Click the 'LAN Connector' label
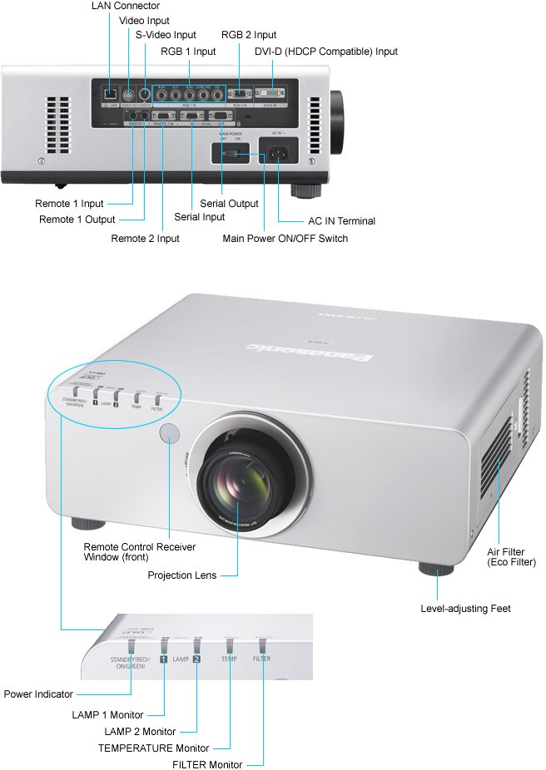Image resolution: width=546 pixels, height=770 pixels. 126,6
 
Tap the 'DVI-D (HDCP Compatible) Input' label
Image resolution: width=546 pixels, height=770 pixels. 326,52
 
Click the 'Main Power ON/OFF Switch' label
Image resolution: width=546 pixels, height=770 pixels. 285,239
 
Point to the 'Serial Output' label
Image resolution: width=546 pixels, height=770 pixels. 229,204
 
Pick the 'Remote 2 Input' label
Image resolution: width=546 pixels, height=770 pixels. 145,239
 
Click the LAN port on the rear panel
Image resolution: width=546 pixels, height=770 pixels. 110,94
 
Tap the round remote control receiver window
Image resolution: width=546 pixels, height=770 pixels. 169,432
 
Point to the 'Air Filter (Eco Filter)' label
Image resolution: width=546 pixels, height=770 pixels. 512,557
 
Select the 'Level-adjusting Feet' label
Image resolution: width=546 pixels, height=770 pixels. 466,609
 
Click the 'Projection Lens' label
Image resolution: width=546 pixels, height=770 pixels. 181,575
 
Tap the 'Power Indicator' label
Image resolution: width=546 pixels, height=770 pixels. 38,694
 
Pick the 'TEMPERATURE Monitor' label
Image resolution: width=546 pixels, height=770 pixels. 153,748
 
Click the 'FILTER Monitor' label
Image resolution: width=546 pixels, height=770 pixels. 207,764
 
